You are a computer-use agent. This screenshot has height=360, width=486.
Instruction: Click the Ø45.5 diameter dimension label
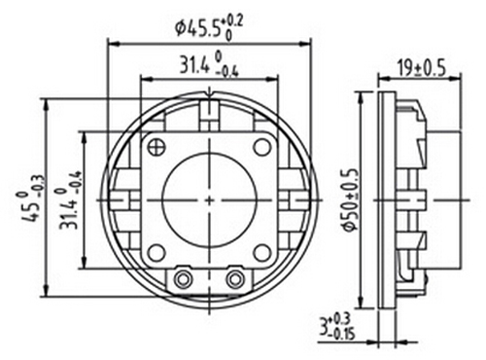[x=209, y=28]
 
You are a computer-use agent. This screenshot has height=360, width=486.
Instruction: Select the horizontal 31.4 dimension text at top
[x=209, y=66]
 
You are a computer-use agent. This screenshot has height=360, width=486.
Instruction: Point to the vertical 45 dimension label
[x=30, y=198]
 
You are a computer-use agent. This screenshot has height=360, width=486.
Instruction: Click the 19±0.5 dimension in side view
[x=422, y=69]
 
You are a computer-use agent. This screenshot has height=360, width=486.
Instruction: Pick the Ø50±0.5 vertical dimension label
[x=350, y=199]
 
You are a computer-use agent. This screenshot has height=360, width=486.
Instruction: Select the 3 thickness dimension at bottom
[x=337, y=327]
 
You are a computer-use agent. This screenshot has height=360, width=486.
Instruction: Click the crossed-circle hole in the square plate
[x=156, y=147]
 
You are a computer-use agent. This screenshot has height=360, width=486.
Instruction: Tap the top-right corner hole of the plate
[x=262, y=147]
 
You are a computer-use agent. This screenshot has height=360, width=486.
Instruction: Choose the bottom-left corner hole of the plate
[x=156, y=253]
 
